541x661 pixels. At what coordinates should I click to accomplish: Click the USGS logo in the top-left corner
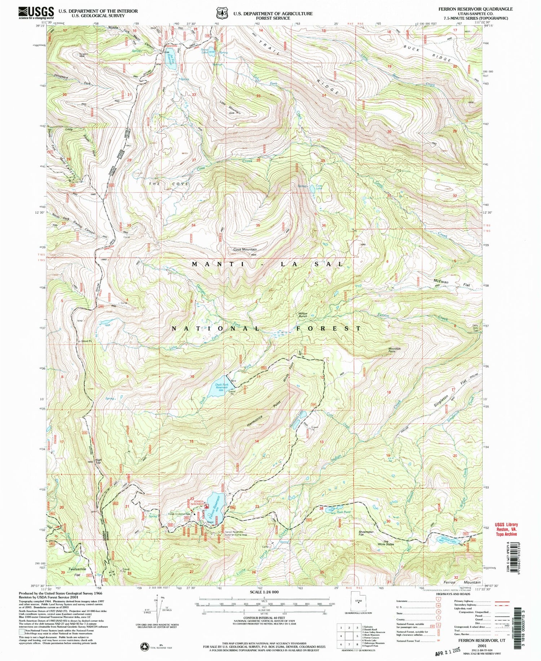36,13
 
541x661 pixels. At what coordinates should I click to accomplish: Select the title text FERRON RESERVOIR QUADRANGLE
475,9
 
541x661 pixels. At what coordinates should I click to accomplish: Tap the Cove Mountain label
245,249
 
